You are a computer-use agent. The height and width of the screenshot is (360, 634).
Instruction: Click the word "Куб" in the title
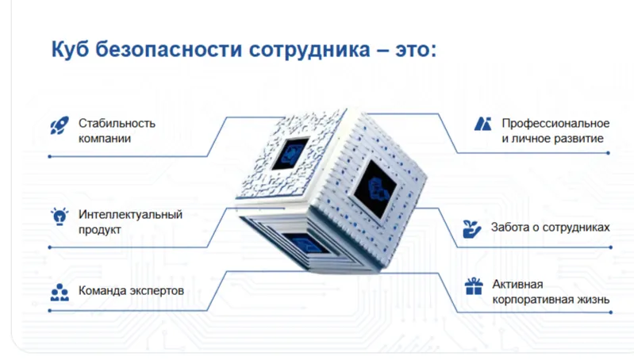(x=70, y=50)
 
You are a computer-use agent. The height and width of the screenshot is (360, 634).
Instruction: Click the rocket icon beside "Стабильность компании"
(x=58, y=124)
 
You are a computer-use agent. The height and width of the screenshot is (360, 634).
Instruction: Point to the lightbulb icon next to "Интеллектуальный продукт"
(x=58, y=216)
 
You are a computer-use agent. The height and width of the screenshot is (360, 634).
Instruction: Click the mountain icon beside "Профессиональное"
(x=482, y=124)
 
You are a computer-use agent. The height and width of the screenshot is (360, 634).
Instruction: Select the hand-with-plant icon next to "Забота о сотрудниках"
(x=472, y=228)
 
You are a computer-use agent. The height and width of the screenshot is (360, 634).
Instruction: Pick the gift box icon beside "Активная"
(x=474, y=286)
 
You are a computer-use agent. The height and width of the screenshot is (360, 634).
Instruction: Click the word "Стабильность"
(x=117, y=123)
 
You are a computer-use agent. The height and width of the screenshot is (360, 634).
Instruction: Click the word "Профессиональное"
(x=555, y=123)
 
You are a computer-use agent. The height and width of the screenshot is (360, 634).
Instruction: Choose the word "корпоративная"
(x=529, y=300)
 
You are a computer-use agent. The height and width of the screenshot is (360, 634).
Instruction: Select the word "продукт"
(x=99, y=230)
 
